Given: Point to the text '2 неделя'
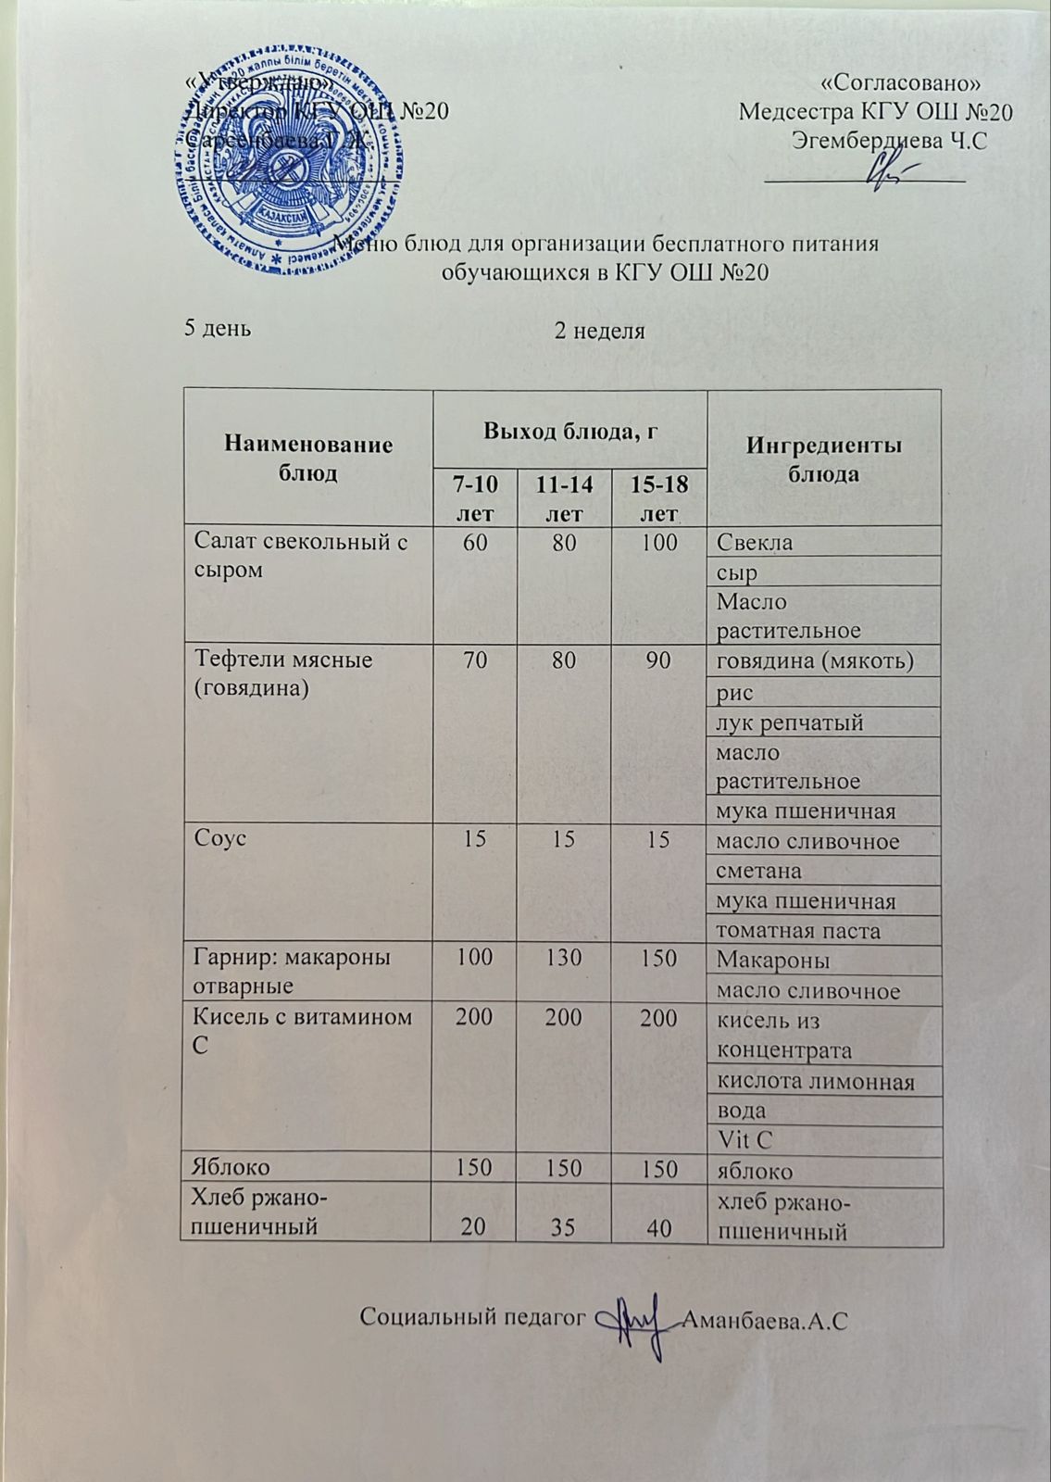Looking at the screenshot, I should [x=599, y=331].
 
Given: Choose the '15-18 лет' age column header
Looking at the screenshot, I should [x=659, y=497].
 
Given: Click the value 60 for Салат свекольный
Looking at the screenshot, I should [x=476, y=543].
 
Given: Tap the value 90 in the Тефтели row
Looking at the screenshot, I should [x=659, y=660].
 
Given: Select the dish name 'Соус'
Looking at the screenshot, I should [x=219, y=841].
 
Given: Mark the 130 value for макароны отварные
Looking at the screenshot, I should [x=564, y=958].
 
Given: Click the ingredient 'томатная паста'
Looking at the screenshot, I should [x=797, y=930].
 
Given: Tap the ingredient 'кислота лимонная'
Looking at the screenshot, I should [x=815, y=1081].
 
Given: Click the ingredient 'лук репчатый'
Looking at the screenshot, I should [x=789, y=722].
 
